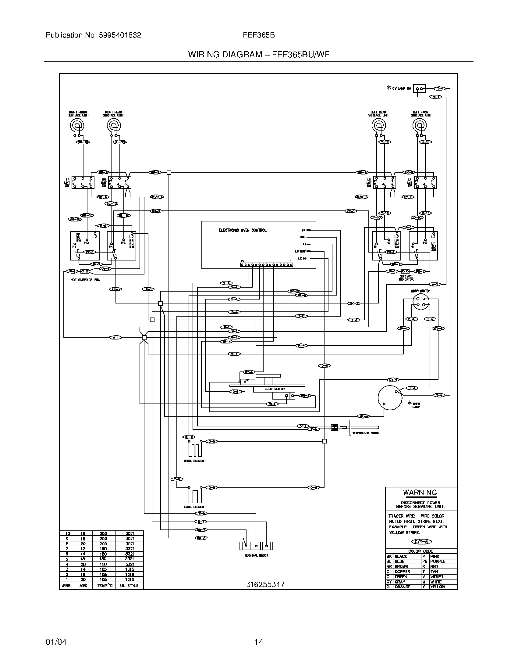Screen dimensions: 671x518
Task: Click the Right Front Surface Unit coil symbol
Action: point(76,125)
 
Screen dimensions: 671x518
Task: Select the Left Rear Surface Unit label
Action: point(378,114)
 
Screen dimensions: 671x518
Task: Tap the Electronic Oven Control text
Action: point(243,230)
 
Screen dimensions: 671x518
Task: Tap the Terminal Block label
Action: point(256,555)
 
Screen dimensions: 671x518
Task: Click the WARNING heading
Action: point(420,492)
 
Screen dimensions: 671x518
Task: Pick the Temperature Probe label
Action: point(365,433)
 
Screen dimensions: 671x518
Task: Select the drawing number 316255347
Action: point(265,584)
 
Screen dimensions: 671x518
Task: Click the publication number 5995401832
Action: point(120,35)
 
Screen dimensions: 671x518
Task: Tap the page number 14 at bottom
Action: point(259,642)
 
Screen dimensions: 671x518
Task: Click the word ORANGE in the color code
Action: point(402,587)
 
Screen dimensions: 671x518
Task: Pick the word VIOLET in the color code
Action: point(437,577)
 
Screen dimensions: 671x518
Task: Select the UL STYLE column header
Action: point(129,586)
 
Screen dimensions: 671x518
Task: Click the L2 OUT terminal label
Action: point(300,251)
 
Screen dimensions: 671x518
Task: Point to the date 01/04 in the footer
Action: point(56,642)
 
